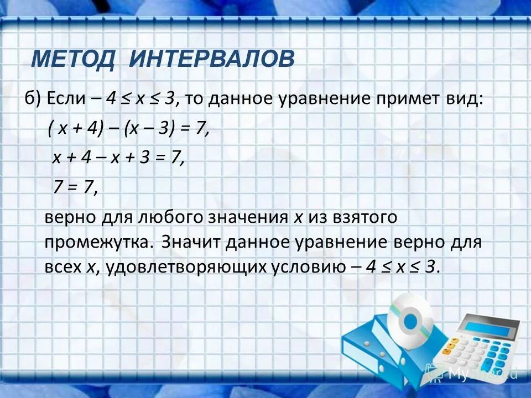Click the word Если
(x=66, y=99)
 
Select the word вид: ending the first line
(x=466, y=99)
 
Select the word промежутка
(x=96, y=242)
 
